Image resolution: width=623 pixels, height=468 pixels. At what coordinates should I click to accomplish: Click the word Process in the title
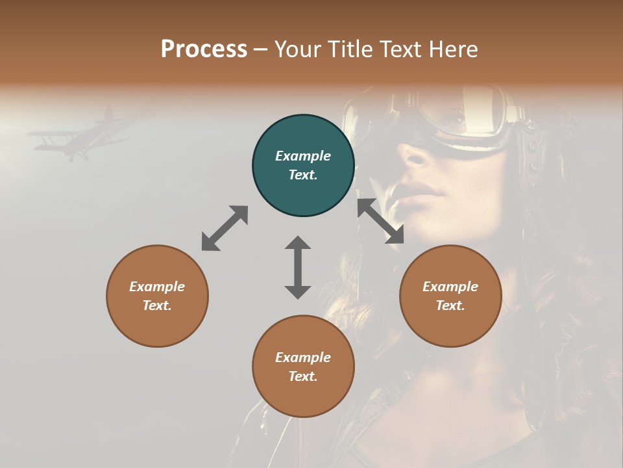[x=204, y=49]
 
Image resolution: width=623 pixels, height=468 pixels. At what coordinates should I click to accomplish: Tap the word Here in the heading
[x=452, y=49]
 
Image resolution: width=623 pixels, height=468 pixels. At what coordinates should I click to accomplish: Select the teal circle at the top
[x=303, y=166]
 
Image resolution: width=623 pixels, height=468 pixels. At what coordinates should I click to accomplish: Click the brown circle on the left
[x=157, y=296]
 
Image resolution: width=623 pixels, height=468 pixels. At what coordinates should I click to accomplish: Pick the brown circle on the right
[x=450, y=296]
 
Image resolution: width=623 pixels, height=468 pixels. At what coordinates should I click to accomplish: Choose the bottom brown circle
[x=303, y=367]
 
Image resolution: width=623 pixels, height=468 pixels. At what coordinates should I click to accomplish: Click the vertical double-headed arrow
[x=298, y=267]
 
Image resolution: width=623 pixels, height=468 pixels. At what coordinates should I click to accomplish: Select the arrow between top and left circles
[x=225, y=228]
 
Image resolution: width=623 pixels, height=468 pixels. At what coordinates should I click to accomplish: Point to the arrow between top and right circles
[x=380, y=221]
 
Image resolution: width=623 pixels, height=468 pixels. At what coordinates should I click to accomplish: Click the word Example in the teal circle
[x=303, y=156]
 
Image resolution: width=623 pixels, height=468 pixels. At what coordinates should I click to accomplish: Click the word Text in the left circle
[x=157, y=305]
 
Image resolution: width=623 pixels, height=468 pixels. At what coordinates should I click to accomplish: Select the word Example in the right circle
[x=450, y=287]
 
